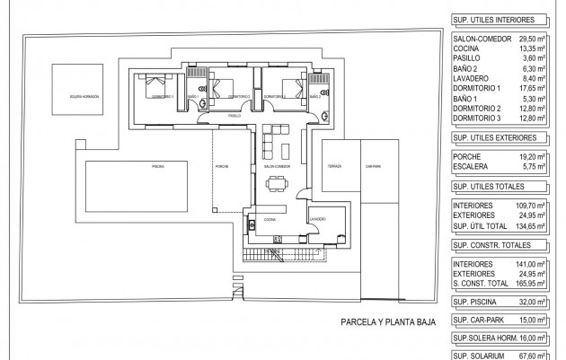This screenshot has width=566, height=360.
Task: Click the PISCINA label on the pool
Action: (x=158, y=166)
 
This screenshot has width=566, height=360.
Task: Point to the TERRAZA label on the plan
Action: (x=334, y=166)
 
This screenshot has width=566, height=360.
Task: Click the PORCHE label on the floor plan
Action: (x=224, y=166)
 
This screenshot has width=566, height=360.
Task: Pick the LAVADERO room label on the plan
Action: (x=315, y=217)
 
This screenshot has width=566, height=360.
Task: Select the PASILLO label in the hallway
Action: (x=234, y=116)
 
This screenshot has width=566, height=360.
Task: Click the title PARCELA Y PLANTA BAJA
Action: (x=387, y=320)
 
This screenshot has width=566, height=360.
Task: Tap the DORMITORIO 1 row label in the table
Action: (x=482, y=89)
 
